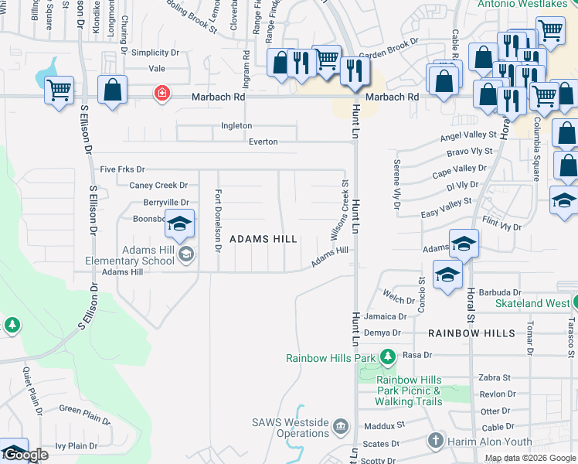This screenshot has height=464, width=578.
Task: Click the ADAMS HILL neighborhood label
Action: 263,240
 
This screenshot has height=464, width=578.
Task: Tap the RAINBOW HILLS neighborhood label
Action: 471,333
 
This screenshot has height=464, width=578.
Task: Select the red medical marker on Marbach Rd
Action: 161,94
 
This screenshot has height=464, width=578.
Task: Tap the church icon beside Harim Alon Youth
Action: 435,441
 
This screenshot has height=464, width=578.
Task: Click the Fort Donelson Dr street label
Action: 218,221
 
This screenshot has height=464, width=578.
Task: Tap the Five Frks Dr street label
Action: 122,169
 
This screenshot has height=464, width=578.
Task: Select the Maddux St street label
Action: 389,425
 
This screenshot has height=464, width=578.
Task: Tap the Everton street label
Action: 263,142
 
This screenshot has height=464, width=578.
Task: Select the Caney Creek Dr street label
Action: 158,185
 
